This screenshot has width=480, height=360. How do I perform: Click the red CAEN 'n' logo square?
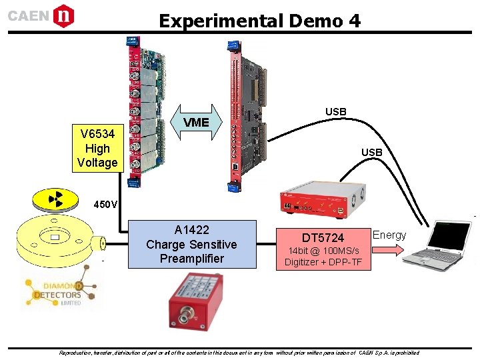(64, 15)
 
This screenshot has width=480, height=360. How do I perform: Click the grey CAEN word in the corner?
(28, 15)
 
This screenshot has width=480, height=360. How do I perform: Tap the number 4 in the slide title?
(354, 21)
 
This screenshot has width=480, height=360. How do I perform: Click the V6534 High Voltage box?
(97, 148)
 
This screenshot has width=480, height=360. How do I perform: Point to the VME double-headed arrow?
(196, 122)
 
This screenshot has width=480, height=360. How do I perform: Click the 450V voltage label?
(105, 204)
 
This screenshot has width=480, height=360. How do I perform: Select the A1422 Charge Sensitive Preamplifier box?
(191, 244)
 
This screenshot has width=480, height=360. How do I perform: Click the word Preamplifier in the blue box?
(191, 259)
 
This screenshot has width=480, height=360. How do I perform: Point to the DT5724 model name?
(323, 238)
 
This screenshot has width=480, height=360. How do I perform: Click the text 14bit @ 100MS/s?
(323, 251)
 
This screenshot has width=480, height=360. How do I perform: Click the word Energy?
(389, 235)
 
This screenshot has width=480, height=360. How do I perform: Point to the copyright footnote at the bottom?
(239, 353)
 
